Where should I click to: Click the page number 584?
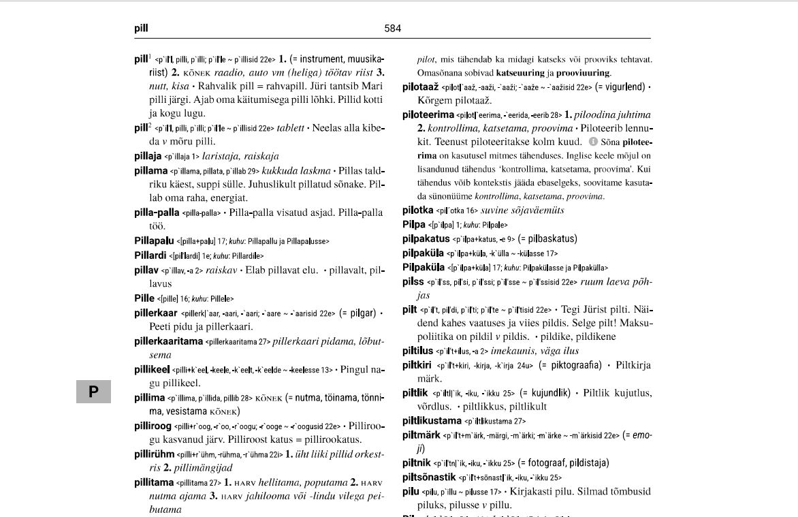pyautogui.click(x=393, y=29)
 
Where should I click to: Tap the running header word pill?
pyautogui.click(x=141, y=29)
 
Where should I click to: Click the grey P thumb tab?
pyautogui.click(x=93, y=392)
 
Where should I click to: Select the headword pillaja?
pyautogui.click(x=148, y=156)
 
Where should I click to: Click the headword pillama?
pyautogui.click(x=150, y=170)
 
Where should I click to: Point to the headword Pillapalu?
pyautogui.click(x=154, y=240)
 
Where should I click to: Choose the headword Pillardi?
pyautogui.click(x=150, y=255)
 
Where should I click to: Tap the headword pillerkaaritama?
pyautogui.click(x=168, y=341)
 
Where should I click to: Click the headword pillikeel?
pyautogui.click(x=152, y=369)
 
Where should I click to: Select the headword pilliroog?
pyautogui.click(x=153, y=426)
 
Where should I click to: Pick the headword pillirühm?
pyautogui.click(x=154, y=454)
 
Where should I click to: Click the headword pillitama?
pyautogui.click(x=154, y=482)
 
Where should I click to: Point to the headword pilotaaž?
pyautogui.click(x=420, y=87)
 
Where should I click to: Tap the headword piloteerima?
pyautogui.click(x=428, y=114)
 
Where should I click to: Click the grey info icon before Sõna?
pyautogui.click(x=593, y=142)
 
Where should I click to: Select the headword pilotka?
pyautogui.click(x=417, y=210)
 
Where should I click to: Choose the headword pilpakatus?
pyautogui.click(x=426, y=238)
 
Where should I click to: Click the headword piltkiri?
pyautogui.click(x=417, y=365)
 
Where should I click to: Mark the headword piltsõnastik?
pyautogui.click(x=429, y=477)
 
